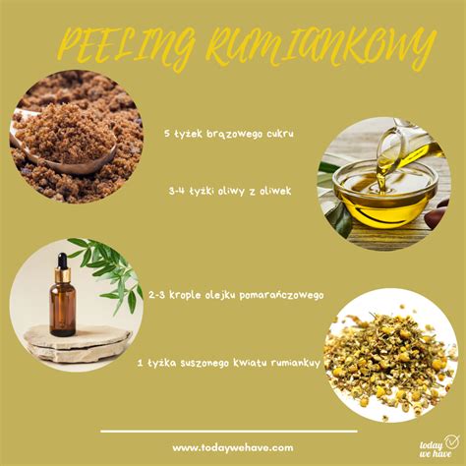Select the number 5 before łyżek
pyautogui.click(x=168, y=132)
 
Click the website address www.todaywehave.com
pyautogui.click(x=232, y=446)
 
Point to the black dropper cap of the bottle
pyautogui.click(x=61, y=263)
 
